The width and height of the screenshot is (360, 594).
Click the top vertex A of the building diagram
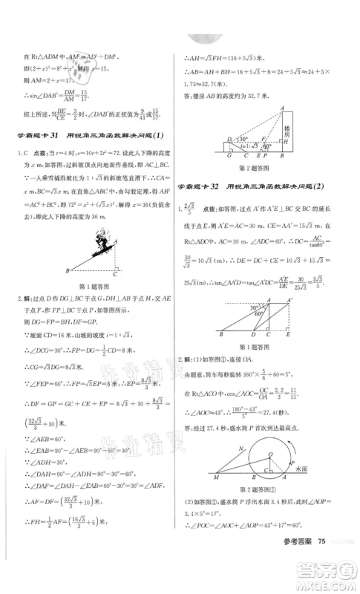(x=282, y=107)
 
